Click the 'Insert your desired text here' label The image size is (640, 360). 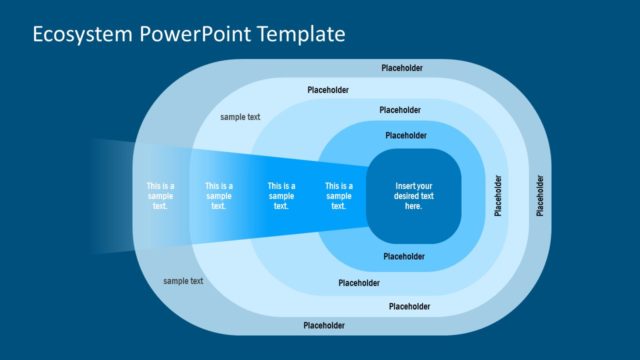click(414, 196)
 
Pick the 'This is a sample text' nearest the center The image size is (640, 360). click(339, 196)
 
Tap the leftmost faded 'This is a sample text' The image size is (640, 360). click(160, 196)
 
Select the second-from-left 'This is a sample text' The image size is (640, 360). click(219, 196)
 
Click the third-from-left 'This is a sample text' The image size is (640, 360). click(281, 196)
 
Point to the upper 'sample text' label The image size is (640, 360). click(240, 117)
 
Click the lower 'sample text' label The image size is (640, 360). click(183, 281)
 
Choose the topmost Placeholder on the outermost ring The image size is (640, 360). click(402, 68)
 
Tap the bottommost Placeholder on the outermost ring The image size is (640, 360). click(324, 325)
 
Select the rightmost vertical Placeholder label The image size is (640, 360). click(540, 196)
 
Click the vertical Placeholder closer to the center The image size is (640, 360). click(499, 196)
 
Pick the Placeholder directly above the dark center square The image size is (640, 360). click(405, 135)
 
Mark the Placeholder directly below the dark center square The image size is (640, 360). click(405, 256)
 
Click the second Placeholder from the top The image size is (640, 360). click(328, 90)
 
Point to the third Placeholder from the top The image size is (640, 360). click(400, 110)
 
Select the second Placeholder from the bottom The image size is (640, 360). click(409, 306)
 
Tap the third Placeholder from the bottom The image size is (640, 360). click(360, 283)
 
